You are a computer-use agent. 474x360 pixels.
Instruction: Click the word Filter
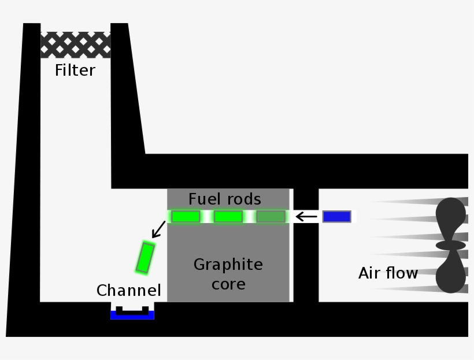75,70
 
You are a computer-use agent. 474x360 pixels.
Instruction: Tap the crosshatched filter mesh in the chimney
75,44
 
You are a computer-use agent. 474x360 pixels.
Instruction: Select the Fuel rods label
225,199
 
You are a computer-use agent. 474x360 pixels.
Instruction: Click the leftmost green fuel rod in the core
186,217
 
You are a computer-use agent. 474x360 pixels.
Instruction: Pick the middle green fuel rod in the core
228,217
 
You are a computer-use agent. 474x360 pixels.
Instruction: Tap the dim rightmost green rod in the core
271,217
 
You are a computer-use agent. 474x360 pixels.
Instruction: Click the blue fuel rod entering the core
336,217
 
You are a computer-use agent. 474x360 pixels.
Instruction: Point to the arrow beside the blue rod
306,217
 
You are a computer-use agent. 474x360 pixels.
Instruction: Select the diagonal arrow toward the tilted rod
157,230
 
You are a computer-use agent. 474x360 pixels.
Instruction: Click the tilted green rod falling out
145,258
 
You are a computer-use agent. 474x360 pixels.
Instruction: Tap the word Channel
128,290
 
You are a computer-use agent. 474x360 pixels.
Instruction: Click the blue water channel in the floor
132,316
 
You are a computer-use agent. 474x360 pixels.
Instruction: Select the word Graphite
228,265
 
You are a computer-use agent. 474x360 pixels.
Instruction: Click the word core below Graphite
228,284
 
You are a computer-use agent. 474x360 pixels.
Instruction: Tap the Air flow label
388,273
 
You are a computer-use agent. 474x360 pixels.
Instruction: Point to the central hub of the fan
450,245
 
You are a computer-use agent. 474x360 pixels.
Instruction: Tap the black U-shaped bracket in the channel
132,311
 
